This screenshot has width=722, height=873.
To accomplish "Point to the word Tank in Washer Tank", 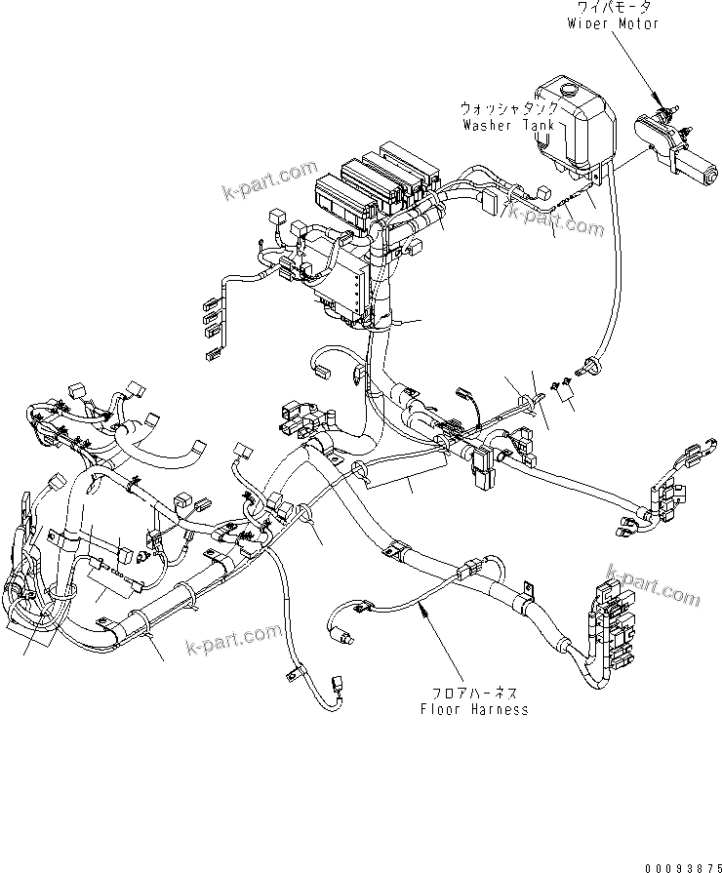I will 538,126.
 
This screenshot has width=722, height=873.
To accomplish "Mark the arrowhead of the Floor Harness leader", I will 421,608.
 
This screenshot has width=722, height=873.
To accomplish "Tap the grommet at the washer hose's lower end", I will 588,366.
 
